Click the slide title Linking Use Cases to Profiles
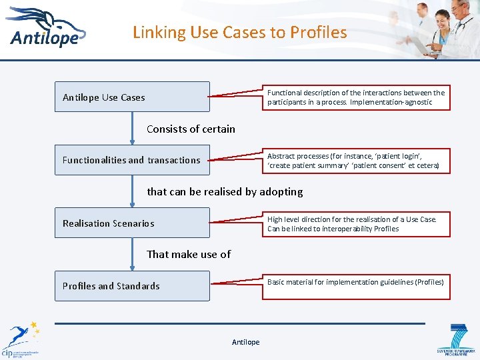pos(239,32)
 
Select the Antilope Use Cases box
pos(132,97)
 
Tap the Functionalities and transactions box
pos(132,160)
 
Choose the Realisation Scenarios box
pos(132,223)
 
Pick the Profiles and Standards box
pos(132,286)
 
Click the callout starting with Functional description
pos(356,97)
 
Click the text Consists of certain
pos(191,129)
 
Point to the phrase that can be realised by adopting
pos(225,191)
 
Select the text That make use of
pos(189,254)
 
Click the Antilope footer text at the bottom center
pos(245,342)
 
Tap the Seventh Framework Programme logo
pos(455,339)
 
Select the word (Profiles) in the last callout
pos(429,282)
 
